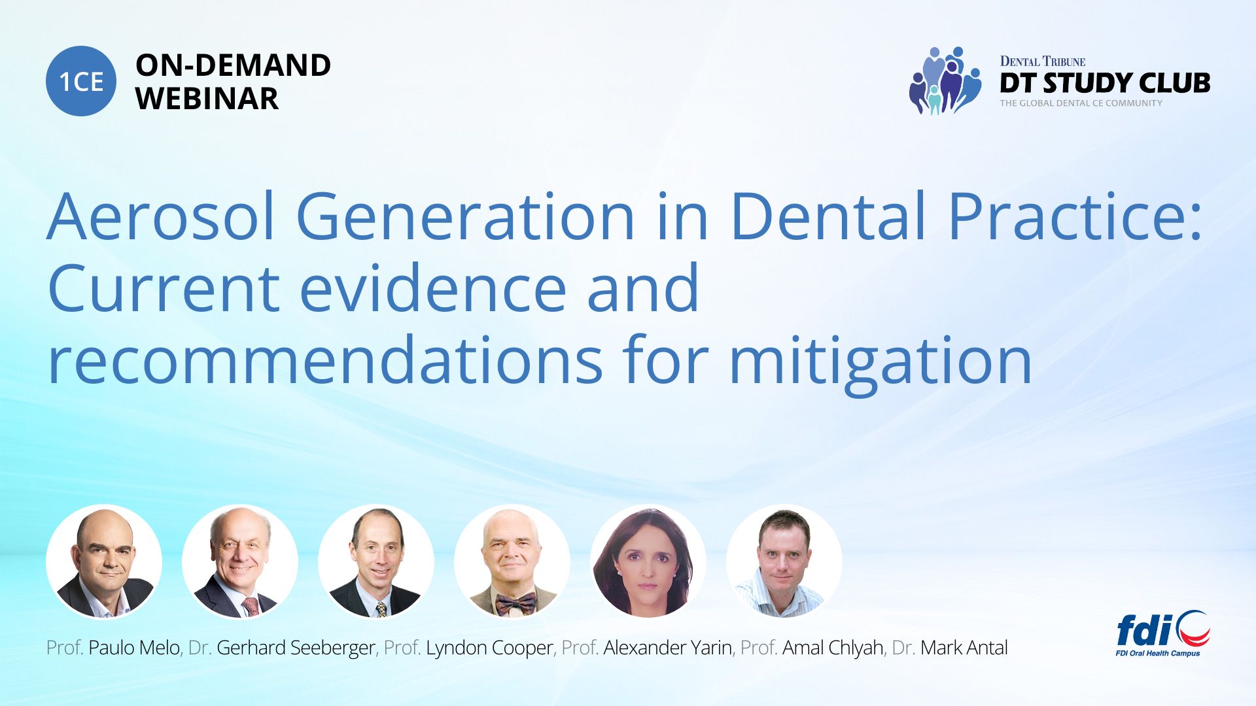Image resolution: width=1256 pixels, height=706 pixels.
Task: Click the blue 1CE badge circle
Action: [81, 81]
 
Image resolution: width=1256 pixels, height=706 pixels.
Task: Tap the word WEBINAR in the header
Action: [207, 99]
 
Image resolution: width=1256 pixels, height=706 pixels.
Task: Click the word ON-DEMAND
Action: [233, 65]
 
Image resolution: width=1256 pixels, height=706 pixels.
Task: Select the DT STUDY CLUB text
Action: [1105, 83]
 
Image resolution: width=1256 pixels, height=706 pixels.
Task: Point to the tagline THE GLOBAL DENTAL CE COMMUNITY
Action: [1081, 103]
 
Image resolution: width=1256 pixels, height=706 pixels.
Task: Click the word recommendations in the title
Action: [325, 360]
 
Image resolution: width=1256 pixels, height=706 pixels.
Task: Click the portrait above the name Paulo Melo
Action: [104, 562]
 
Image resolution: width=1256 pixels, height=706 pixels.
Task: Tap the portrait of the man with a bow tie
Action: [512, 562]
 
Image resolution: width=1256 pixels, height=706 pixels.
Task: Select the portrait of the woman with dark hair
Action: [648, 562]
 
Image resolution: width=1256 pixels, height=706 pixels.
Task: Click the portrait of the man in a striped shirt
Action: [784, 562]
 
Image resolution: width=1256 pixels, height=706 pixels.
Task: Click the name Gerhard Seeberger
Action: [296, 648]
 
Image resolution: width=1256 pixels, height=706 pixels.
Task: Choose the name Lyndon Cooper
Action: [489, 648]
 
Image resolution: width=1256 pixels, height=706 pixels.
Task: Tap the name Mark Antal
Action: [964, 648]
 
